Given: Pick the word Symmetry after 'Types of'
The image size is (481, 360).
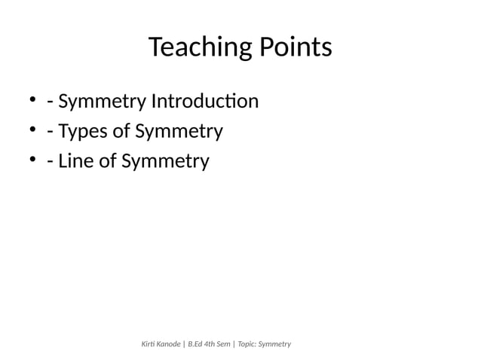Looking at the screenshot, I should point(179,133).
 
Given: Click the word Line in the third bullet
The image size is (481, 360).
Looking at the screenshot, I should point(77,161).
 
